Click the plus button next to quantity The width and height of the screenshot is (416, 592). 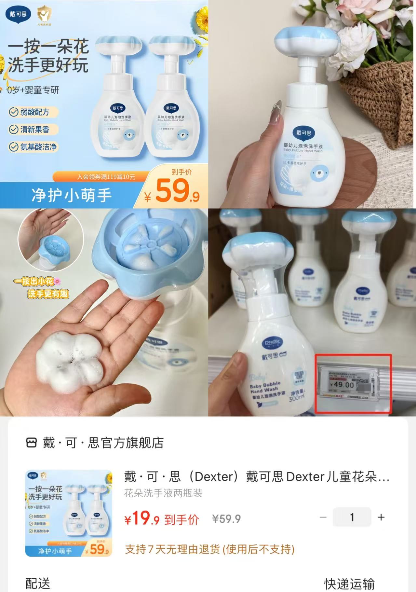click(x=381, y=517)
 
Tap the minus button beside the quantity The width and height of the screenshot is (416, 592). click(x=323, y=517)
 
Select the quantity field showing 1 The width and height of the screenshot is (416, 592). click(x=352, y=517)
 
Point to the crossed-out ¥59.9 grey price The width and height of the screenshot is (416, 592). click(x=226, y=519)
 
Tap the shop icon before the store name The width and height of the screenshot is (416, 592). click(x=31, y=443)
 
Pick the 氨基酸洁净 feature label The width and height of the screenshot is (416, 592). click(x=34, y=147)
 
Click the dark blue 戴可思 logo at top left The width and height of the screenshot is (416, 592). click(x=18, y=15)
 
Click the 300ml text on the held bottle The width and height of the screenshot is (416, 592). click(x=296, y=397)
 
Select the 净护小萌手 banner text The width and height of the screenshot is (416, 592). click(x=72, y=195)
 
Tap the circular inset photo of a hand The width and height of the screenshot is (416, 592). click(x=51, y=239)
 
